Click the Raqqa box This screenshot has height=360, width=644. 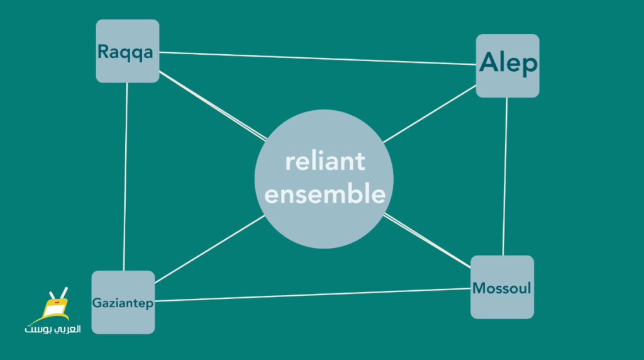tap(127, 51)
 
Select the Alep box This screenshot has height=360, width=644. tap(508, 65)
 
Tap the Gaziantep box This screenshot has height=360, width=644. tap(123, 302)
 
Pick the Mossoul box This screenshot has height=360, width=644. tap(502, 287)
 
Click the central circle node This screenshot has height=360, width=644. tap(324, 179)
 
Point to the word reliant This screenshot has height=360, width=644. tap(325, 161)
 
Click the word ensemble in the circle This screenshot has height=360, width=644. tap(325, 194)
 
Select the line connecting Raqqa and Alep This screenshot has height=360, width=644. tap(318, 59)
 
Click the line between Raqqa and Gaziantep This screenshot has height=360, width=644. tap(125, 177)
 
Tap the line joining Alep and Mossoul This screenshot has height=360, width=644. tap(505, 177)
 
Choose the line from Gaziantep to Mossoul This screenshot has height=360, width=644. tap(313, 295)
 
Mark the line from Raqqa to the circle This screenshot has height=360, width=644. tap(213, 106)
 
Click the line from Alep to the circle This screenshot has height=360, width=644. tap(430, 114)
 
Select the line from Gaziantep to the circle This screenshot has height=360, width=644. tap(209, 249)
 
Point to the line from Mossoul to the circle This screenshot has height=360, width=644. tap(427, 241)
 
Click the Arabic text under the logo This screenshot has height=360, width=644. tap(53, 329)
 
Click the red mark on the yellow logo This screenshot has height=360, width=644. tap(57, 303)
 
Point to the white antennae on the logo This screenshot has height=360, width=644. tap(58, 293)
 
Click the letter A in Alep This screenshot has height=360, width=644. tap(489, 62)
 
